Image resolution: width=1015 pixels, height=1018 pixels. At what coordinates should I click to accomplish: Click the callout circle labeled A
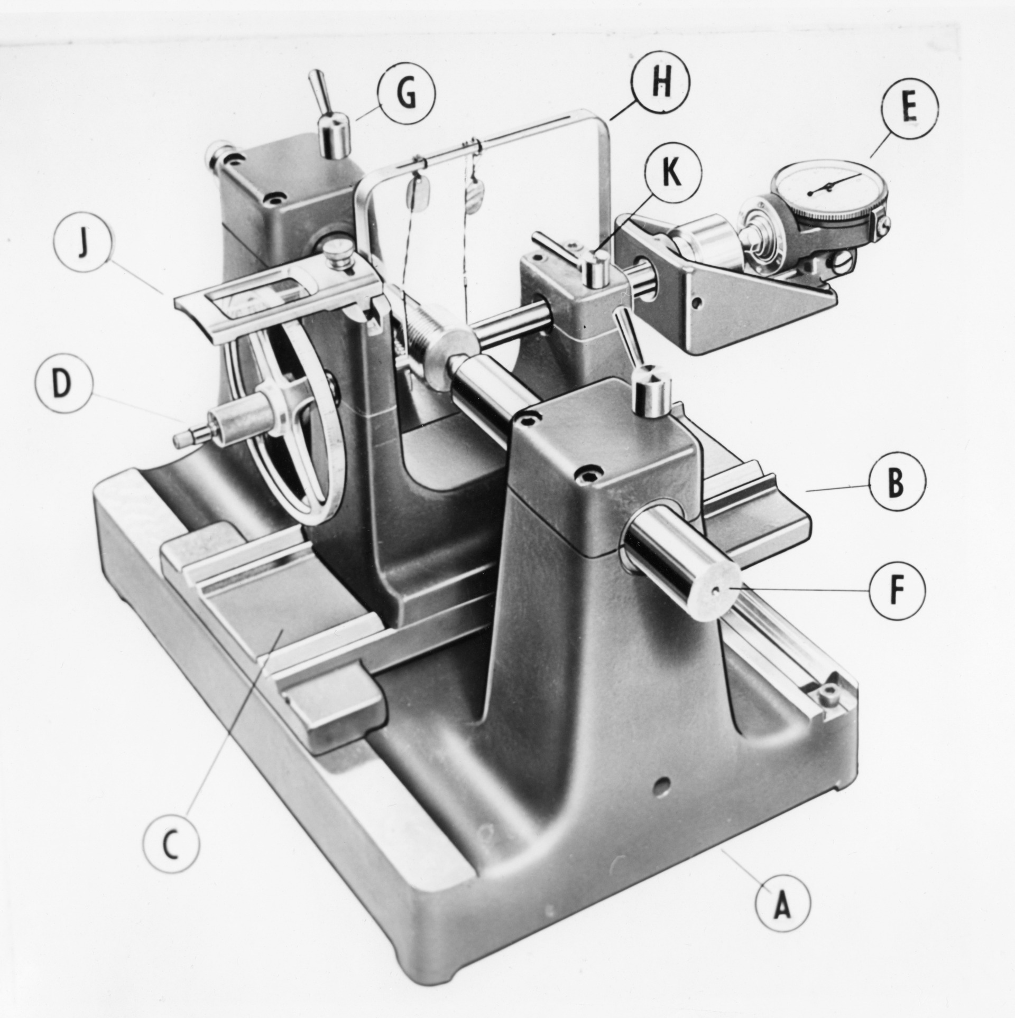pyautogui.click(x=782, y=905)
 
